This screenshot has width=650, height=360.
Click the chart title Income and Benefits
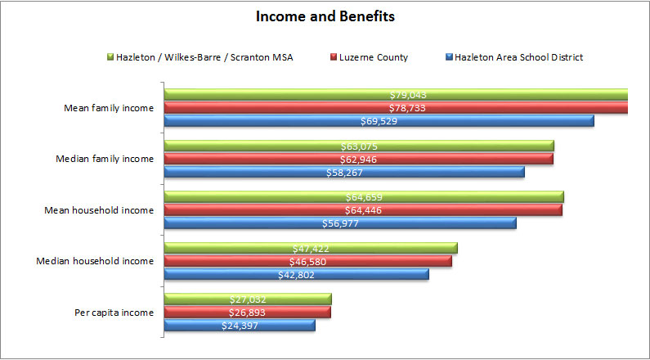[325, 16]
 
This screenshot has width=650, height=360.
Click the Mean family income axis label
[109, 108]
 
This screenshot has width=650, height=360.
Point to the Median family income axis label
[106, 159]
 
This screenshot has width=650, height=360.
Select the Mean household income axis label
[99, 210]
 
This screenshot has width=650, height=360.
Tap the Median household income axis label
[96, 261]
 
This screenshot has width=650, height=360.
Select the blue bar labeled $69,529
[379, 121]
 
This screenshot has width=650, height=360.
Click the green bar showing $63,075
[359, 146]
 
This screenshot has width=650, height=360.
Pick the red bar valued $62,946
[359, 159]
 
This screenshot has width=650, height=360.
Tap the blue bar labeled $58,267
[344, 172]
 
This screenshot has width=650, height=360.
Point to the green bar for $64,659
[364, 197]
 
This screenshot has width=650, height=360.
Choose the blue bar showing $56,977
[340, 223]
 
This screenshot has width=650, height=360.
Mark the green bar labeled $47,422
[311, 248]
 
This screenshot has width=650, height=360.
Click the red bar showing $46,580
[308, 261]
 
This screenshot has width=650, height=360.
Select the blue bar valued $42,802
[296, 274]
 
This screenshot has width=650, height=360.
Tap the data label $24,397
[240, 326]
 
